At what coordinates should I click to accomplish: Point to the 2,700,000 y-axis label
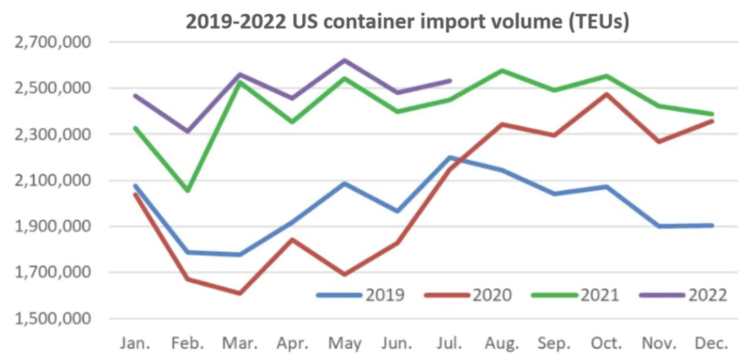[x=54, y=43]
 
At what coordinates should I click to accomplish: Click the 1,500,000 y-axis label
[x=54, y=319]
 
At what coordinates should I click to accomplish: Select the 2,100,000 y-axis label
[x=54, y=181]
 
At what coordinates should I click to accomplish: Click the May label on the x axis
[x=345, y=343]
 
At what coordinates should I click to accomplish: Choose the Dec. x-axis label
[x=712, y=343]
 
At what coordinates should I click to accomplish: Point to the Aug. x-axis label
[x=503, y=343]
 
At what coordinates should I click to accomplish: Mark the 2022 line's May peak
[x=345, y=60]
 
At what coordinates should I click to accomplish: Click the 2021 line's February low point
[x=187, y=190]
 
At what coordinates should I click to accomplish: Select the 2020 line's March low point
[x=240, y=293]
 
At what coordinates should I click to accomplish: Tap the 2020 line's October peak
[x=607, y=94]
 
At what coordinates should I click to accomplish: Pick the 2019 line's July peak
[x=450, y=158]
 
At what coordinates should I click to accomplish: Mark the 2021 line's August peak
[x=503, y=70]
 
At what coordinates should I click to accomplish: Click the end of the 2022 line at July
[x=450, y=81]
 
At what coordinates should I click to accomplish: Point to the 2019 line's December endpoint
[x=712, y=225]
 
